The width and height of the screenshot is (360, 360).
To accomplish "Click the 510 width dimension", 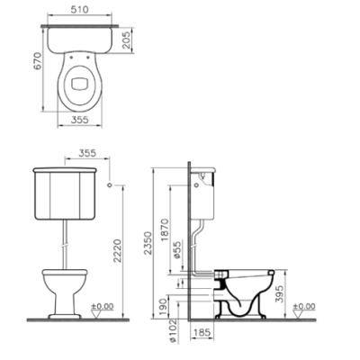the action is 80,10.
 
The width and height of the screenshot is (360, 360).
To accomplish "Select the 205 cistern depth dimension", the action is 127,40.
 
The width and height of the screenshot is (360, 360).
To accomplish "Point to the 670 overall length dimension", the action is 38,61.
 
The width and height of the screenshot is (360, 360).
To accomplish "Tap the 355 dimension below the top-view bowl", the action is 80,120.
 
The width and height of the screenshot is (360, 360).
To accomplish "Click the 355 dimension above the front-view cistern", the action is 87,153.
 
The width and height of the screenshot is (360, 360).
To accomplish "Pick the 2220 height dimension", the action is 117,251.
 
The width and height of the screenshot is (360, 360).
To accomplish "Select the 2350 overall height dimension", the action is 148,243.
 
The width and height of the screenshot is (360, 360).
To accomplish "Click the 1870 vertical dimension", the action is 165,230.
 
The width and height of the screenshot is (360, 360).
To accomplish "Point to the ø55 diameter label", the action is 177,249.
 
